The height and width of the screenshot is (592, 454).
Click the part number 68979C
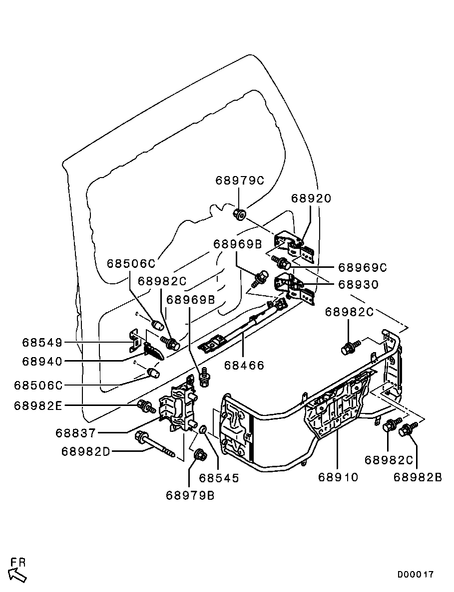pos(239,180)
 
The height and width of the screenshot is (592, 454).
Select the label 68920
pos(311,198)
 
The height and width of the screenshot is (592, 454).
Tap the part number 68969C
pos(363,267)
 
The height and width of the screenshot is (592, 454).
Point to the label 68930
pos(358,285)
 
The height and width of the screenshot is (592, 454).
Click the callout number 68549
pos(42,343)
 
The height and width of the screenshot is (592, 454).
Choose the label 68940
pos(42,361)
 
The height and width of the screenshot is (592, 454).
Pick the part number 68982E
pos(38,405)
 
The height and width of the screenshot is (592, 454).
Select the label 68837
pos(75,433)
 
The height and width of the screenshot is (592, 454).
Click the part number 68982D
pos(85,451)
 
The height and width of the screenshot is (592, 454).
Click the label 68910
pos(338,477)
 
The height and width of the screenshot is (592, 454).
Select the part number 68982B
pos(418,477)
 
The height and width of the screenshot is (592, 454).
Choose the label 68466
pos(244,366)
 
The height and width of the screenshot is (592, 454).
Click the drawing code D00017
pos(416,574)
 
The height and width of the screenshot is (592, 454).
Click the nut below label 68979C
pos(239,215)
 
